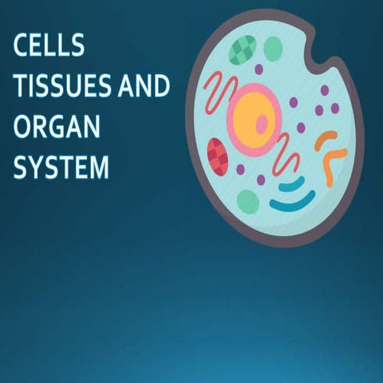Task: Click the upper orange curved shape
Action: coord(325,140)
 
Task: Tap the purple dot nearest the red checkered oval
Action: coord(240,169)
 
